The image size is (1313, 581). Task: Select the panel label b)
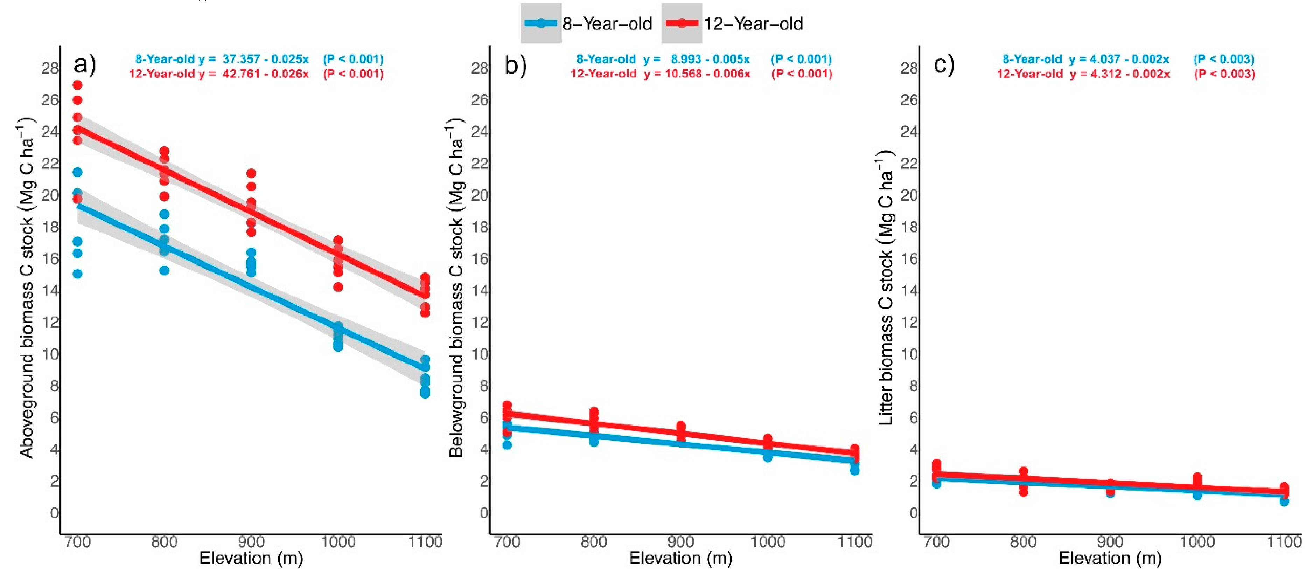[515, 65]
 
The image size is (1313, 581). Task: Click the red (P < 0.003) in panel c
[1224, 74]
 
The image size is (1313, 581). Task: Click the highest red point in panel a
[77, 85]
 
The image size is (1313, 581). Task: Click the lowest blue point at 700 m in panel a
[77, 274]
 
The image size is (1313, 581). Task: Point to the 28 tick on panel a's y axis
[50, 68]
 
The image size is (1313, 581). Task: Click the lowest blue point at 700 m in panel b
[507, 445]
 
